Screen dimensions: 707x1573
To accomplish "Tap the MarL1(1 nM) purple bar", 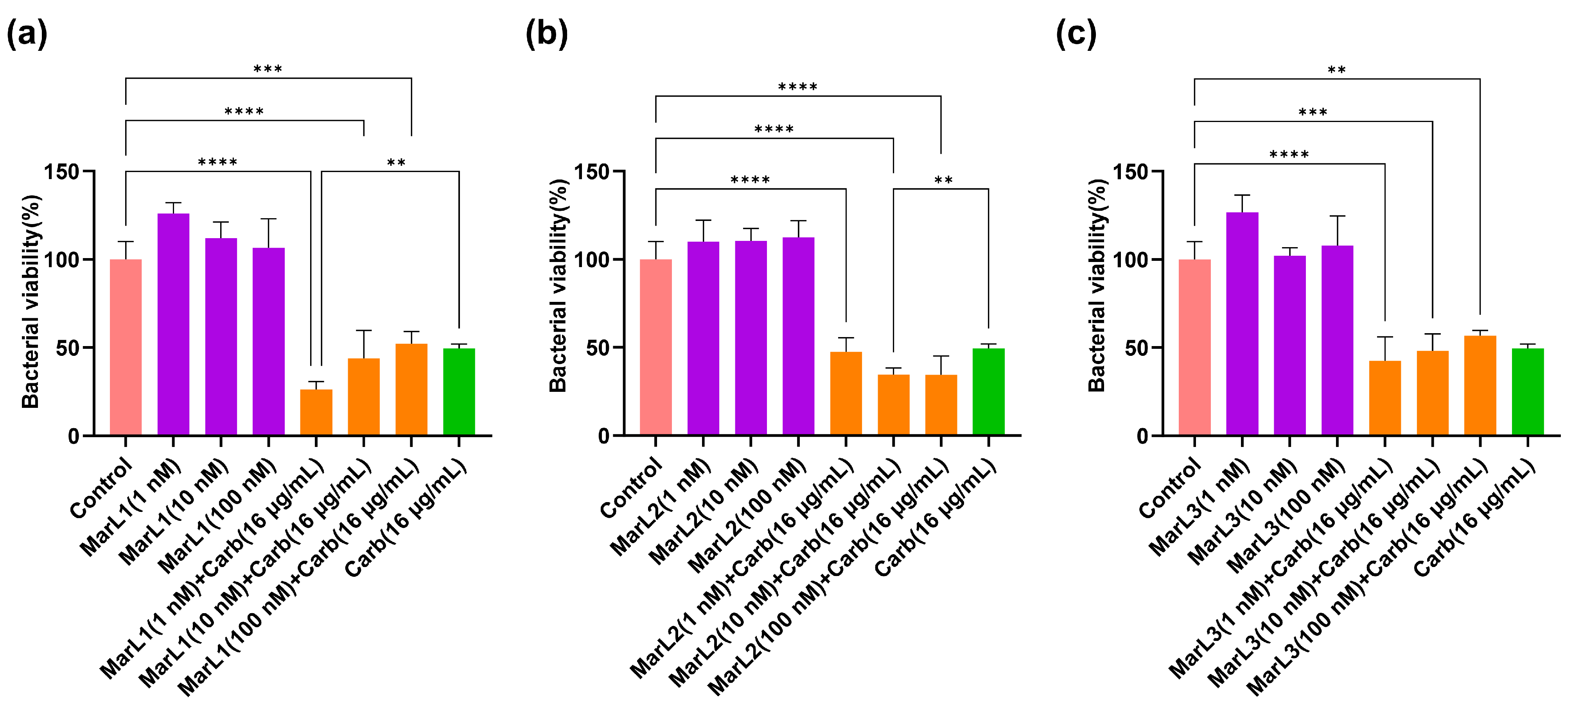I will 173,323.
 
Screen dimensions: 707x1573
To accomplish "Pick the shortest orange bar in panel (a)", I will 316,412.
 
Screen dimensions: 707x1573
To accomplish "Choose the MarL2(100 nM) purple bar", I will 798,336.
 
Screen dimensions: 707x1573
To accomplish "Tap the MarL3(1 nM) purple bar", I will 1242,323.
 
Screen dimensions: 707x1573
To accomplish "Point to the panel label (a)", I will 27,34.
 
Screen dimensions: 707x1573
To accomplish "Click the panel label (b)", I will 546,34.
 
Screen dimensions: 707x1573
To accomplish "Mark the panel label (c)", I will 1076,34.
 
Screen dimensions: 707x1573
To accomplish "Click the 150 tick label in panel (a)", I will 62,172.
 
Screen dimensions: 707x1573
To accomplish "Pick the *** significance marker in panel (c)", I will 1313,113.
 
